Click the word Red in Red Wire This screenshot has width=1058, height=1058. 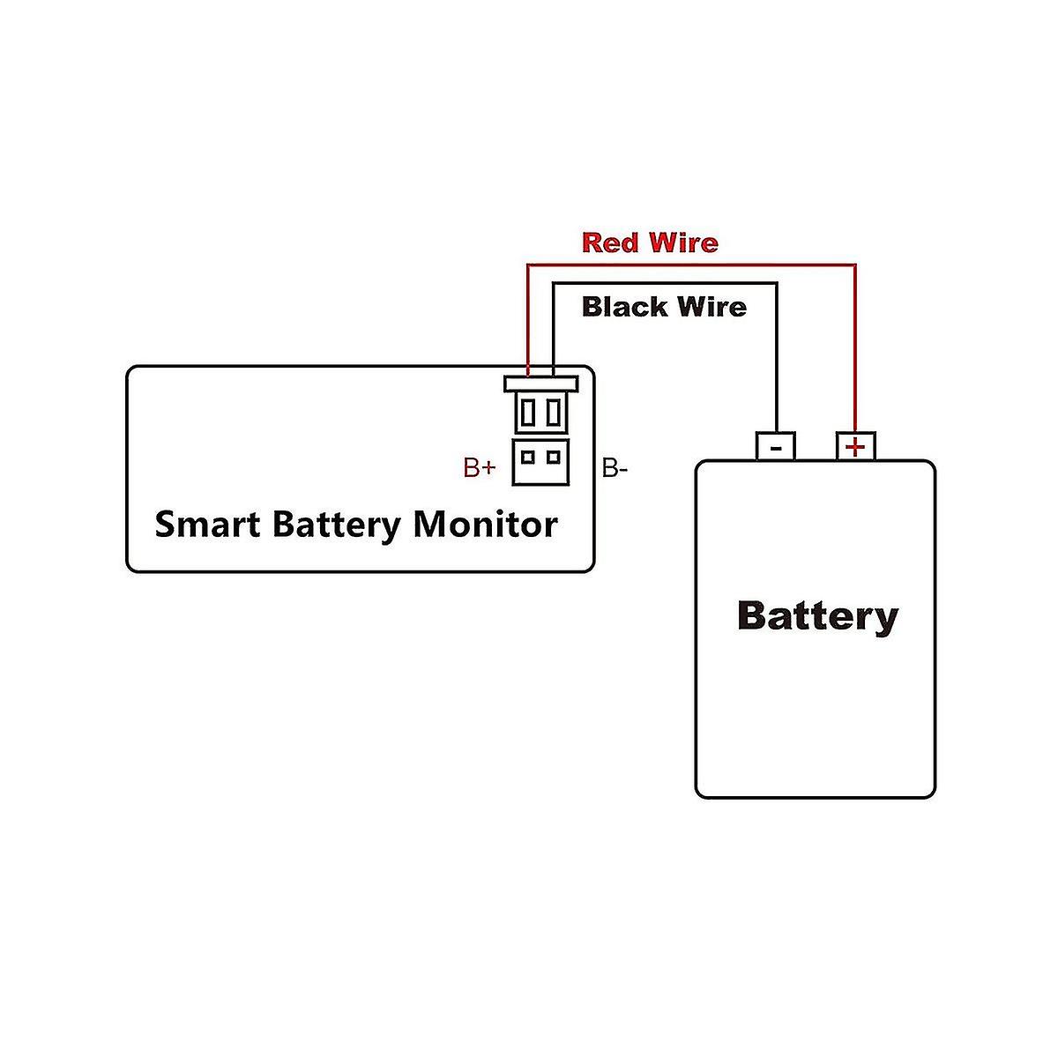[611, 242]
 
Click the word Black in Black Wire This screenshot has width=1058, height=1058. [623, 307]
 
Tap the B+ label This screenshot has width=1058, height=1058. [479, 468]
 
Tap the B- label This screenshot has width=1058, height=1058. [615, 468]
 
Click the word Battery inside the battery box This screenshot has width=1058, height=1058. [817, 615]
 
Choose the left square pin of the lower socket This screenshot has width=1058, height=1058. [527, 456]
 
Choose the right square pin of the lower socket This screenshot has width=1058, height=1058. [553, 456]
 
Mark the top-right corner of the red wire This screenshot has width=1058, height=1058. [855, 264]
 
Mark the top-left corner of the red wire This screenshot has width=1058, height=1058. [527, 264]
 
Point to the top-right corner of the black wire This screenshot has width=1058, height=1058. [776, 283]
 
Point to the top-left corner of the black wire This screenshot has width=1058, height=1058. [554, 283]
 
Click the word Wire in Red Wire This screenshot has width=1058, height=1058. [683, 242]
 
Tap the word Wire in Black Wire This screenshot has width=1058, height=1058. [712, 307]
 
